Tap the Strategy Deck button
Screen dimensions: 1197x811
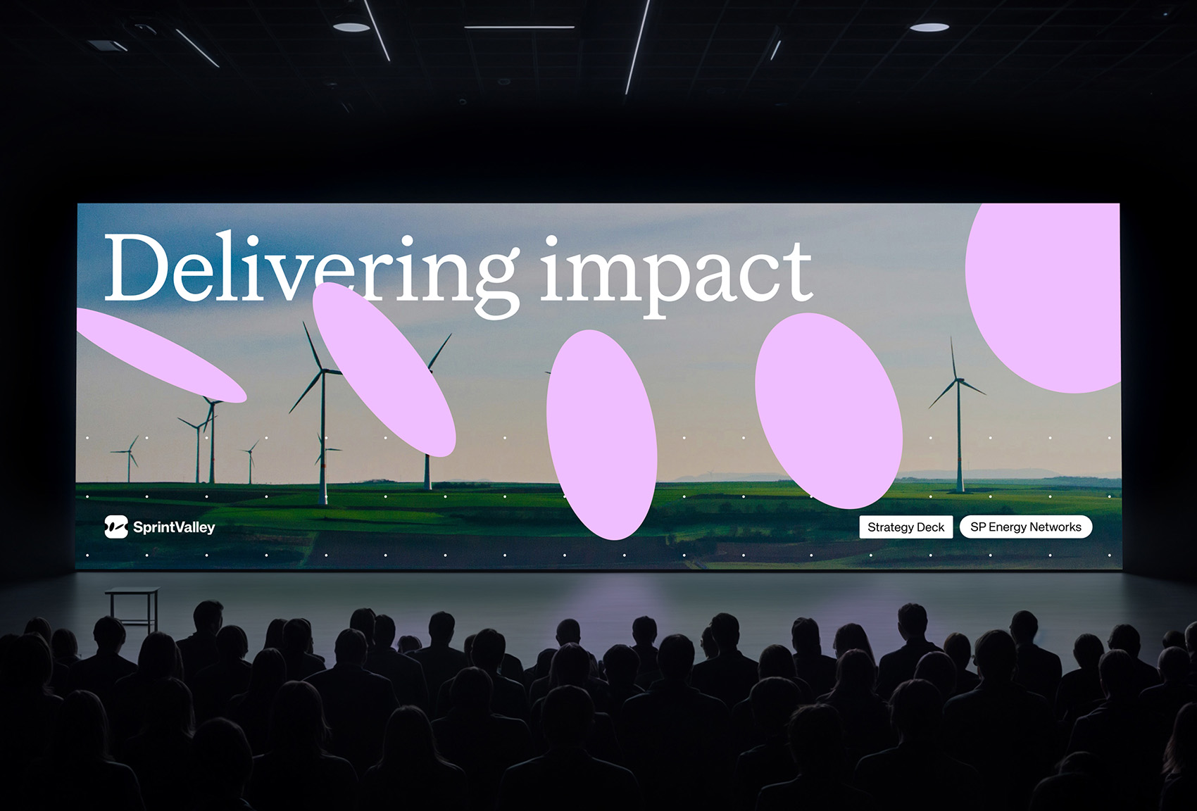coord(905,527)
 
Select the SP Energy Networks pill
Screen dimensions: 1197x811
coord(1026,527)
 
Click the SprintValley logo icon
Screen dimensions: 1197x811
coord(116,527)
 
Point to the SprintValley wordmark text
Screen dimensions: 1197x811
coord(174,527)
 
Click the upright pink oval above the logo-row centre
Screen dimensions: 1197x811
coord(602,435)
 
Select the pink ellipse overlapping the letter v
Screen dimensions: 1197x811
coord(384,370)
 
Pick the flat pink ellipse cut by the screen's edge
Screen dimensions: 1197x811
coord(161,355)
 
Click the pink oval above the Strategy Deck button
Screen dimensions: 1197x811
coord(829,411)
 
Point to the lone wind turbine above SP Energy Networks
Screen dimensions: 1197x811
coord(958,415)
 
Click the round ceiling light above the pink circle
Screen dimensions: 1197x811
coord(929,26)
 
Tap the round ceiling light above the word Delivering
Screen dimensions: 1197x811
coord(351,26)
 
